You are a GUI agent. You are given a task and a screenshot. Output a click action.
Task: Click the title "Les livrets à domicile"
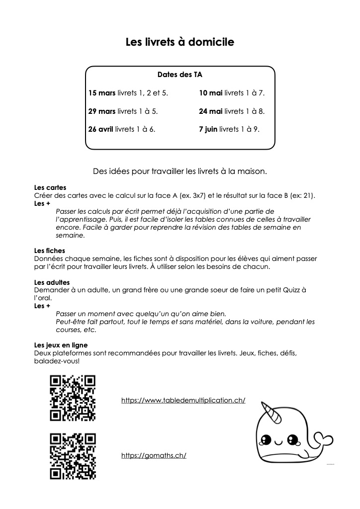coord(180,43)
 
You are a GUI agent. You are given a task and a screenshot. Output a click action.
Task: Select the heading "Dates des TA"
coord(180,75)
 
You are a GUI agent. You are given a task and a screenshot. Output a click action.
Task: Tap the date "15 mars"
coord(102,93)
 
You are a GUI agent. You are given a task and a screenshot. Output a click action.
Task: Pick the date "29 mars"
coord(102,111)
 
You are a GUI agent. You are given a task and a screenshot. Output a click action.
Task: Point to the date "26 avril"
coord(100,129)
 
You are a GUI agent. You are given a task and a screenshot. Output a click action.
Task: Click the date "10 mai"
coord(210,93)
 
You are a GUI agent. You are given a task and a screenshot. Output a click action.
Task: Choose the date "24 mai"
coord(210,111)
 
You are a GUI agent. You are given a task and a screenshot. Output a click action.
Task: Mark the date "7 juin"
coord(208,129)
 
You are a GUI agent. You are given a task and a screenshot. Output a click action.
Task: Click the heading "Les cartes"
coord(47,188)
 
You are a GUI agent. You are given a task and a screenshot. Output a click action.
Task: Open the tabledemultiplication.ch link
coord(183,400)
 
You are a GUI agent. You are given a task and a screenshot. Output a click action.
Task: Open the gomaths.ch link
coord(154,455)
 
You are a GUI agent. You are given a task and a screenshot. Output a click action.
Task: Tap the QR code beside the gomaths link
coord(73,456)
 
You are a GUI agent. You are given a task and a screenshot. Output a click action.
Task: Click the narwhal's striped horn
coord(271,409)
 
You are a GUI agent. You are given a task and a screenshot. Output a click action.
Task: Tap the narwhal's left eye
coord(267,440)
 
